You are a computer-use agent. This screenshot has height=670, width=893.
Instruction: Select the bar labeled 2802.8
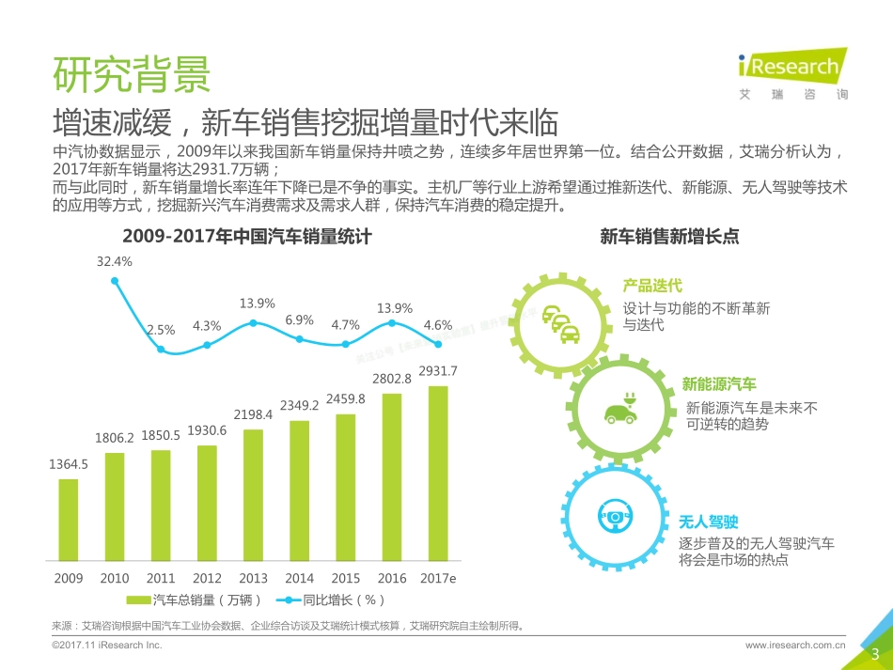coord(392,475)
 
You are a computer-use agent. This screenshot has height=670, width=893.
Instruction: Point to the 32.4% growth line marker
coord(115,279)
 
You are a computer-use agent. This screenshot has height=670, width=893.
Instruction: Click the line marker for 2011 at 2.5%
coord(161,350)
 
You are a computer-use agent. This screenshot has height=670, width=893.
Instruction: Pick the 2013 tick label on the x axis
coord(253,578)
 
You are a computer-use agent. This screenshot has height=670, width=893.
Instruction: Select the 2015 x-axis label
coord(346,578)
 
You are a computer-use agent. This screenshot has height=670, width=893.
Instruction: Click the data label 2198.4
coord(253,414)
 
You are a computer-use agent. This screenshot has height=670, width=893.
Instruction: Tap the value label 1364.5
coord(69,464)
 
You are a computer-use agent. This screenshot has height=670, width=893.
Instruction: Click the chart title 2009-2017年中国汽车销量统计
coord(247,238)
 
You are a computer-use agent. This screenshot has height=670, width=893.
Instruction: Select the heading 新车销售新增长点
coord(669,238)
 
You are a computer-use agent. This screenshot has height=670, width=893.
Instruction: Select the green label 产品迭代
coord(651,286)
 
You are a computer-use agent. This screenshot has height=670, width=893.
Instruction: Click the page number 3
coord(875,654)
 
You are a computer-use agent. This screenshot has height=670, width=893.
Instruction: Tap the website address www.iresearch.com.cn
coord(795,646)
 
